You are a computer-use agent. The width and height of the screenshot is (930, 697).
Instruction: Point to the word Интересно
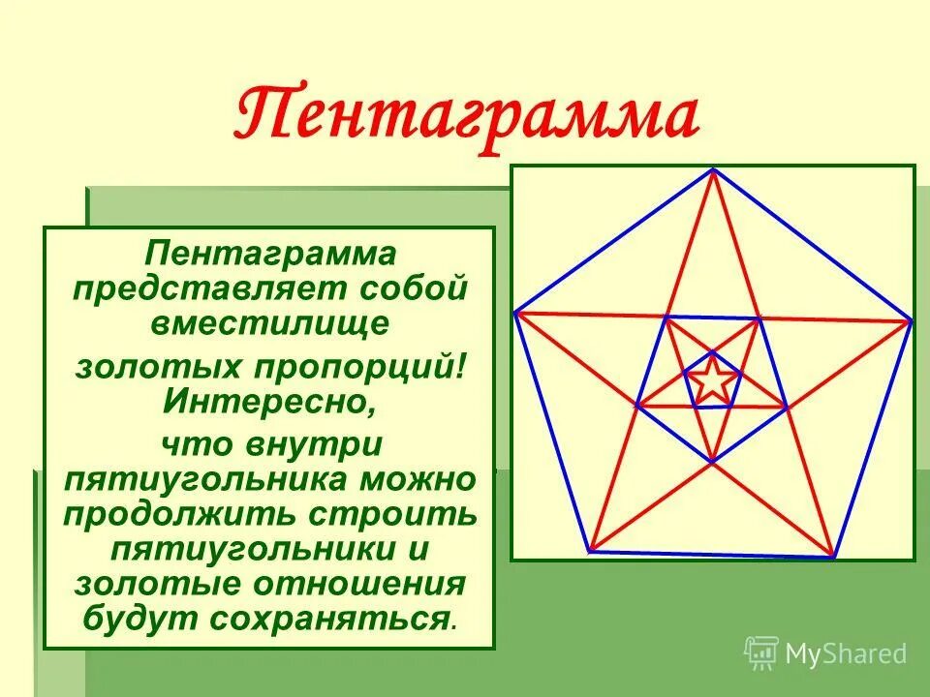pyautogui.click(x=269, y=399)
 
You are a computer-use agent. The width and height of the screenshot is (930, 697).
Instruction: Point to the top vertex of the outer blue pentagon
pyautogui.click(x=713, y=170)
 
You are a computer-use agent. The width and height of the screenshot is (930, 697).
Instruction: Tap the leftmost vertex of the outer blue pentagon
pyautogui.click(x=515, y=312)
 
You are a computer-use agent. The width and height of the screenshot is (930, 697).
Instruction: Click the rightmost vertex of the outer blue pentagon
pyautogui.click(x=911, y=320)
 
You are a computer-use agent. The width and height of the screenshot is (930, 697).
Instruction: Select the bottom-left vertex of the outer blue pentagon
pyautogui.click(x=590, y=551)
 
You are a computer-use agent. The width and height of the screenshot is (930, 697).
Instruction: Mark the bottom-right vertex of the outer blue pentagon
pyautogui.click(x=833, y=557)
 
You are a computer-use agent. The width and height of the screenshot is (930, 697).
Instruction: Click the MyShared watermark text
pyautogui.click(x=846, y=653)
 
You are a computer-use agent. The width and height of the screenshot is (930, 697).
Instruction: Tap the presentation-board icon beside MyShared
pyautogui.click(x=761, y=653)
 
